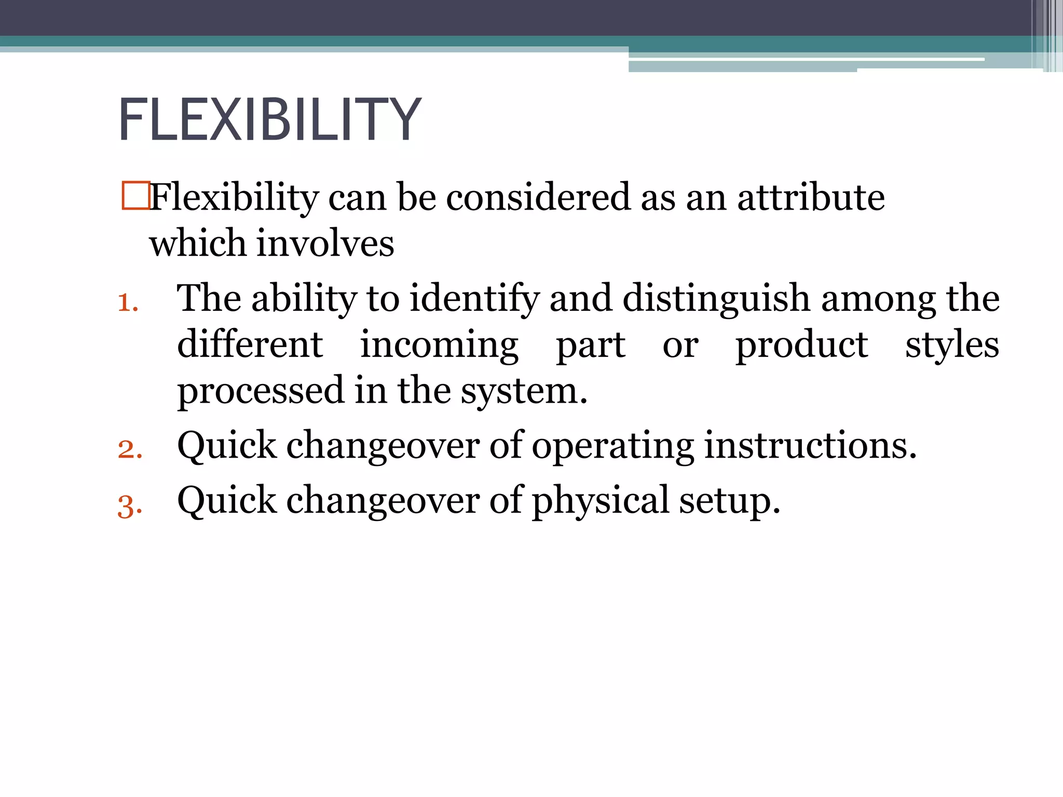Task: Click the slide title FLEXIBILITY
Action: tap(269, 120)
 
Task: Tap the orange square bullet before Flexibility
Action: tap(135, 196)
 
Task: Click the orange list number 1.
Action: tap(128, 303)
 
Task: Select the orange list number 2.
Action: tap(130, 449)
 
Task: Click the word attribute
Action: tap(811, 198)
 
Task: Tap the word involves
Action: tap(325, 243)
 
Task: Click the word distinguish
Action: tap(716, 299)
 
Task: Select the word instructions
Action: tap(810, 446)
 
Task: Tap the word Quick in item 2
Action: tap(227, 446)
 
